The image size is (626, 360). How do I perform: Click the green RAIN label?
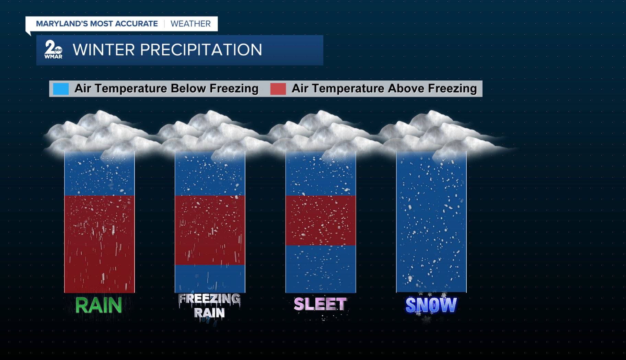98,305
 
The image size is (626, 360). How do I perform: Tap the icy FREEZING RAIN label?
209,306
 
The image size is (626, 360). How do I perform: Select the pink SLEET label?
321,304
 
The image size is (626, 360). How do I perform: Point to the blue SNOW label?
431,305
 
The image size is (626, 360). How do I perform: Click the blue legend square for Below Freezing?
61,89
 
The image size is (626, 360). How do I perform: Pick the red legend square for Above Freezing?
278,89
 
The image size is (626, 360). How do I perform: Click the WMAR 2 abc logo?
53,49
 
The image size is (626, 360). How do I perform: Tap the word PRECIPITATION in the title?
201,50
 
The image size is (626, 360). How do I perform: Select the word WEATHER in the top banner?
190,24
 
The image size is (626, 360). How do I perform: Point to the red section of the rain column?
100,244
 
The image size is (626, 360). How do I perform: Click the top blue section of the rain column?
100,174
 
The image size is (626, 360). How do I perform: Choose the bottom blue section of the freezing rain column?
210,279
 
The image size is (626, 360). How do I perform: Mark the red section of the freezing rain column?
210,230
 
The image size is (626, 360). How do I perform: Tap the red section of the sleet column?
321,220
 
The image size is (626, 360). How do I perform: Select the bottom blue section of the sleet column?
321,269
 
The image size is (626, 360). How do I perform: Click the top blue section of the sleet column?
321,174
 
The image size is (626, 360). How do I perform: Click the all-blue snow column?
431,222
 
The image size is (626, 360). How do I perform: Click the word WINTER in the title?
104,50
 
